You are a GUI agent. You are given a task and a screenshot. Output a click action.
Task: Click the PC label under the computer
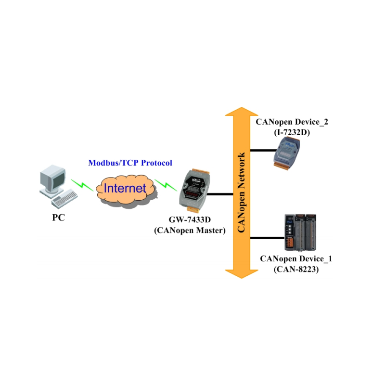tap(58, 217)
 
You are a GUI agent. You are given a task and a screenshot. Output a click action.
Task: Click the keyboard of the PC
tap(65, 197)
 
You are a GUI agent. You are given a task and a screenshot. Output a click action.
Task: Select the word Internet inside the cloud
tap(125, 188)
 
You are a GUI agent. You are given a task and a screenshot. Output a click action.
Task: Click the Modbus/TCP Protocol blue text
tap(130, 163)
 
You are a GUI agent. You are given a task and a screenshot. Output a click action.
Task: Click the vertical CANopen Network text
tap(242, 192)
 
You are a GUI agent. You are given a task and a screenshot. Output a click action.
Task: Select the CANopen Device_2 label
tap(292, 122)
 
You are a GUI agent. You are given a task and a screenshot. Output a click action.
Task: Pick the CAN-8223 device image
tap(301, 232)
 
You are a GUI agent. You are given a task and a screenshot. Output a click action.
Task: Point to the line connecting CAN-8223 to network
tap(267, 237)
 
